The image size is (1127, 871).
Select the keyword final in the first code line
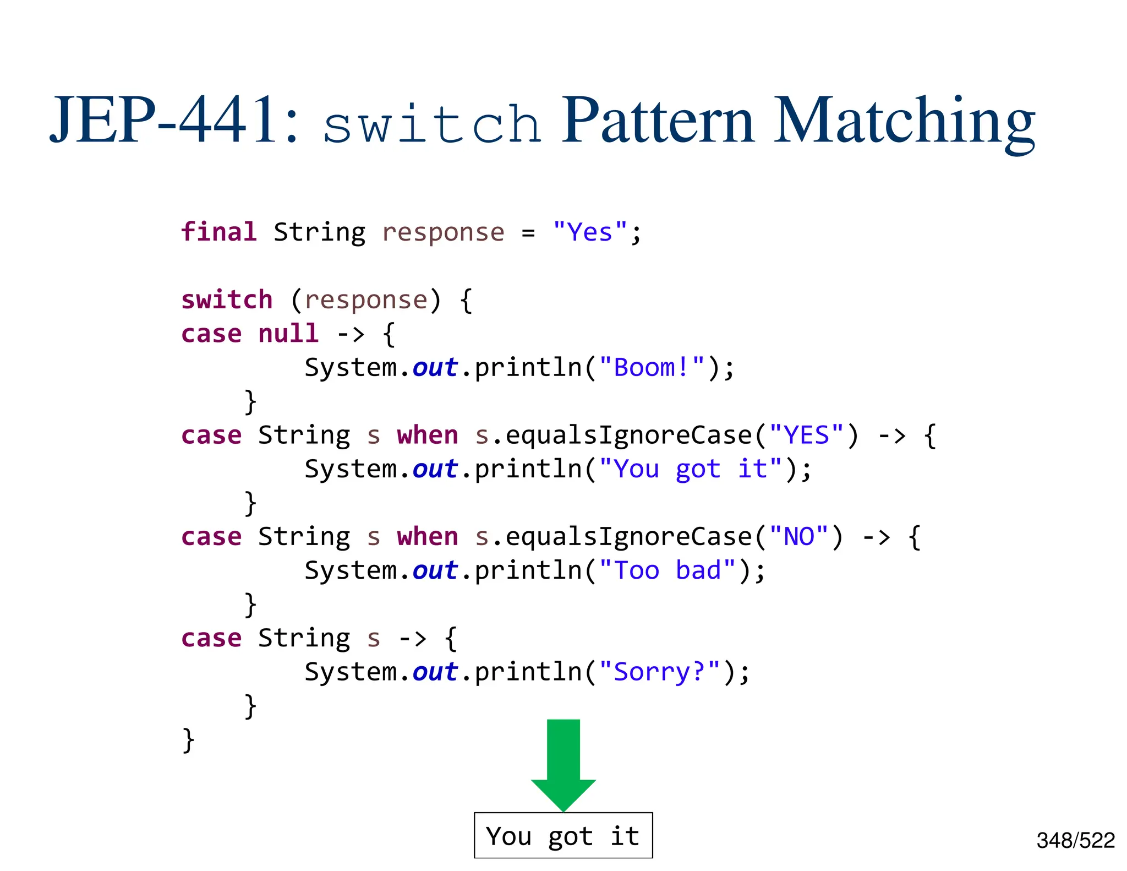(x=219, y=232)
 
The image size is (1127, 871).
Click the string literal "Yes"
(x=590, y=232)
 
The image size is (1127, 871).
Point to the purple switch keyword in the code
(x=227, y=300)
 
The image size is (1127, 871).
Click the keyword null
(x=288, y=334)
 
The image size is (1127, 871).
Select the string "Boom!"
(x=652, y=368)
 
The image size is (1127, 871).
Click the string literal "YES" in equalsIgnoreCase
(x=806, y=435)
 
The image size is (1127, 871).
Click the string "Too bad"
(x=667, y=570)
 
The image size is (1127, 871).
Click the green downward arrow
(x=563, y=763)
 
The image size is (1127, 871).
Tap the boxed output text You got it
(x=563, y=836)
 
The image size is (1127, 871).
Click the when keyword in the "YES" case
(x=428, y=435)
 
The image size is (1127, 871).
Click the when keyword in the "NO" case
(x=428, y=537)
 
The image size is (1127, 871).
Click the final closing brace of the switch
(x=188, y=740)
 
